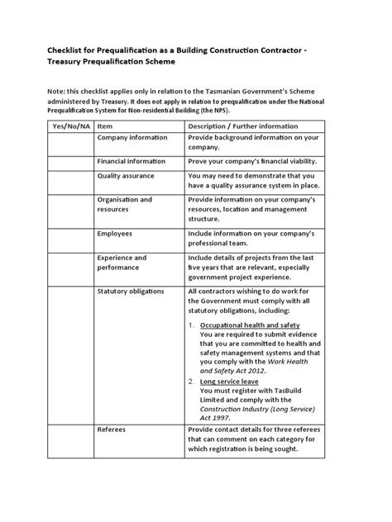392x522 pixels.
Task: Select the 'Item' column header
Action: point(105,126)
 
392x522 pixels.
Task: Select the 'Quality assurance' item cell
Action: point(127,176)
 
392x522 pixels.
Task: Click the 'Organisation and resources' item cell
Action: point(124,205)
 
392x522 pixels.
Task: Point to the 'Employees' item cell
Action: point(115,234)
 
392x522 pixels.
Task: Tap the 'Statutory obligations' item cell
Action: point(131,292)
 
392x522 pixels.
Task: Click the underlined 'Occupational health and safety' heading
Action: point(250,326)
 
